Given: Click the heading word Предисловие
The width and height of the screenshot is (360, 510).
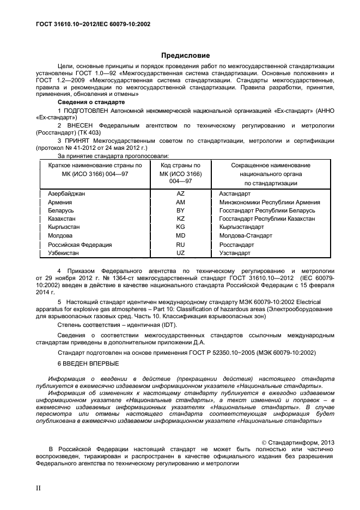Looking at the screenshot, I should click(185, 56).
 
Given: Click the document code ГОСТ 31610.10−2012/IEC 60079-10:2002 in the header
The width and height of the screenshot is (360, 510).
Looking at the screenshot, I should click(93, 25).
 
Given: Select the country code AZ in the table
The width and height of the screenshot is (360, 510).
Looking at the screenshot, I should click(180, 193).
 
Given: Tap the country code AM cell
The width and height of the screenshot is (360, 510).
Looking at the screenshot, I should click(180, 202).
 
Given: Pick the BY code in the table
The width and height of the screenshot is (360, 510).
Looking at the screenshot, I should click(180, 210).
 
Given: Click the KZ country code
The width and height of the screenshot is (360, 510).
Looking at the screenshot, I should click(180, 218).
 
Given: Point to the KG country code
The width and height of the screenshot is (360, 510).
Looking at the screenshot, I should click(180, 227).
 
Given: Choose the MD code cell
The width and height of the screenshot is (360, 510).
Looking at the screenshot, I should click(180, 236).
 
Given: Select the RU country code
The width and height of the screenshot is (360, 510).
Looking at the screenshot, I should click(180, 245).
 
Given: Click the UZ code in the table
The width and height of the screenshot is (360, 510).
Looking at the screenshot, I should click(180, 253).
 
